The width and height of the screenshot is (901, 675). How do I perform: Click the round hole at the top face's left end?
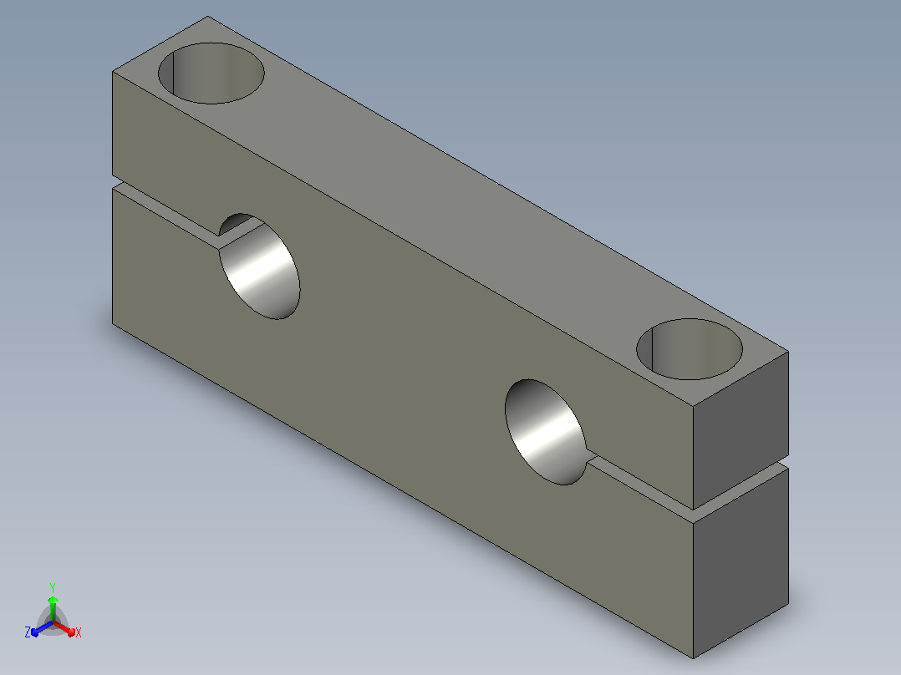point(211,73)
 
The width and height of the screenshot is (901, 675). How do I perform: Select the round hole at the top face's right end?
point(690,348)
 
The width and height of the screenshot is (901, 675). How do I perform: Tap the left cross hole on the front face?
point(260,266)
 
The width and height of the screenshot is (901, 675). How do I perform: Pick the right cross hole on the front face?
point(546,432)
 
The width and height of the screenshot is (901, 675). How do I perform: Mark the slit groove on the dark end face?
point(741,489)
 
